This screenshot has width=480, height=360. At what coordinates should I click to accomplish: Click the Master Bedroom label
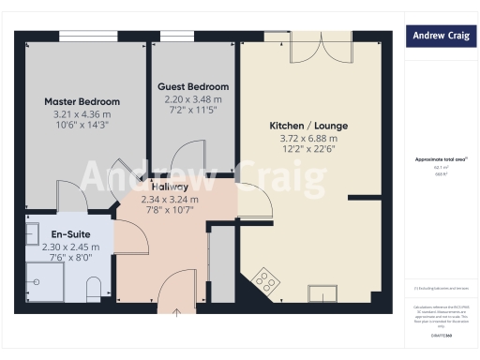coord(82,101)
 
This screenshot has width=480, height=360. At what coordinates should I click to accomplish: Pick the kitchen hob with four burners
coord(265,278)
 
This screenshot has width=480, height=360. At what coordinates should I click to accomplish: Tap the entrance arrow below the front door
coord(176,312)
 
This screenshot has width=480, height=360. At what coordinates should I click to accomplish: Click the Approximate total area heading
coord(439,159)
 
